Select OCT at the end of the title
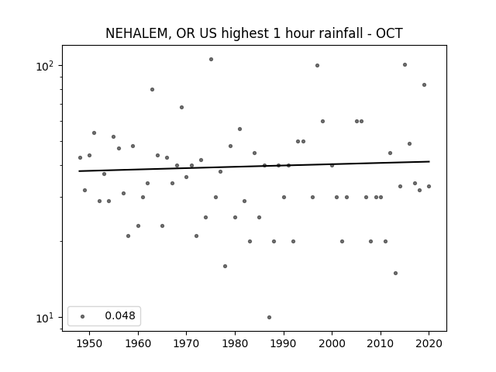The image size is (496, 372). coord(389,33)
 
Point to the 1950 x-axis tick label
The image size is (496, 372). coord(90,343)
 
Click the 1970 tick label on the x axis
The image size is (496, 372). coord(186,343)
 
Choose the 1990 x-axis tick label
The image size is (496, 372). coord(284,343)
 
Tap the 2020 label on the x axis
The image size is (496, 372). coord(429,343)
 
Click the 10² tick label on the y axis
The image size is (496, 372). coord(45,66)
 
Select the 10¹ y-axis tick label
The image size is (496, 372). coord(45,318)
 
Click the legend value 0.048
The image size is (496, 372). coord(120,315)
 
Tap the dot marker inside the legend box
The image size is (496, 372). coord(83,316)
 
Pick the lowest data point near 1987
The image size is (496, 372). coord(269,317)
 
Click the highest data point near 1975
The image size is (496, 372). coord(211,59)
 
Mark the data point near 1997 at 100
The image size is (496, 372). coord(317,65)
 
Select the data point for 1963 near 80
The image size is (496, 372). coord(152,90)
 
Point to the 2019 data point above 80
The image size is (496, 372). coord(424,84)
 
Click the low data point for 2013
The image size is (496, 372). coord(395,273)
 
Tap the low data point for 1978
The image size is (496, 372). coord(225,266)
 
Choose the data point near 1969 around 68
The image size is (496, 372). coord(181,107)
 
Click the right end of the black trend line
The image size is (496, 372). coord(429,161)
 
